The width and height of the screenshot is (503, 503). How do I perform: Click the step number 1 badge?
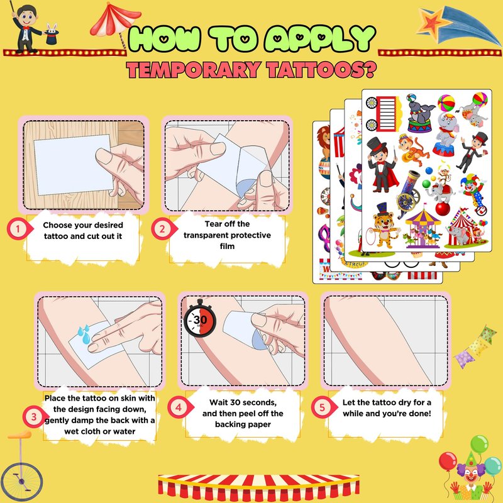tap(19, 229)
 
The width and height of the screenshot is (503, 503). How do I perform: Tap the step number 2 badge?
tap(163, 229)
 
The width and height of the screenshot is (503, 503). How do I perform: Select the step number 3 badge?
tap(35, 416)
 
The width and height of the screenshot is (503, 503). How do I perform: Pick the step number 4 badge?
tap(179, 407)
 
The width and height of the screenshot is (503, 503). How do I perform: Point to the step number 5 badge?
tap(323, 407)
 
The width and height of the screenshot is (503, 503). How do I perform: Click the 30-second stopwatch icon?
tap(200, 319)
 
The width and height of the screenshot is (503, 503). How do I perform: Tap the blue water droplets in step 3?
tap(84, 334)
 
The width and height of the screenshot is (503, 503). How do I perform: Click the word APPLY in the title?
tap(320, 38)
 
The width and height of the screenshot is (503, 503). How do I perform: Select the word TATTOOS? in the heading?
tap(321, 70)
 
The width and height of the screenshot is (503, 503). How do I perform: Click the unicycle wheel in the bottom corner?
tap(21, 481)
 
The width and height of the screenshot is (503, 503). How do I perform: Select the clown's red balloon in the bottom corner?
tap(448, 462)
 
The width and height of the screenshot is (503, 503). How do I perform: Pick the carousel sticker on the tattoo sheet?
tap(423, 228)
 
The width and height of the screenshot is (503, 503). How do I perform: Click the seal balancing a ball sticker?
tap(419, 113)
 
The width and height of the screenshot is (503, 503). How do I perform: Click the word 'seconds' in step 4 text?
tap(259, 402)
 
